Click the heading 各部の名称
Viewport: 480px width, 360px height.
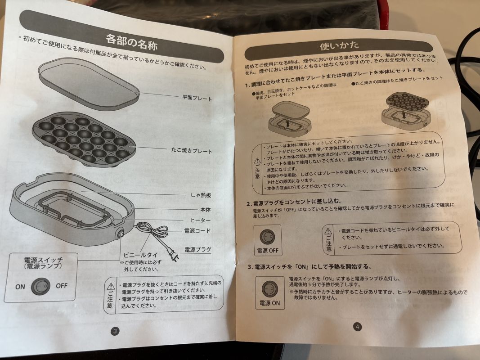coord(131,42)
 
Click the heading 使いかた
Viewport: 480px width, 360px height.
coord(339,46)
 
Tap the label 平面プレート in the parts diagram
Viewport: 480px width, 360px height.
coord(197,98)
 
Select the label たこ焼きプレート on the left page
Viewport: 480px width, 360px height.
coord(192,150)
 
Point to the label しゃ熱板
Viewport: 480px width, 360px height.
coord(201,195)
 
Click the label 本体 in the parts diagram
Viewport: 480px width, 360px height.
coord(206,210)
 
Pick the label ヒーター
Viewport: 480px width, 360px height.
coord(200,220)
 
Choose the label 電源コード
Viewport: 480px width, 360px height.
coord(197,230)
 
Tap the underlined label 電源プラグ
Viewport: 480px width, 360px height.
coord(198,249)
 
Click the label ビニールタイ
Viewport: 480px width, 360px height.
coord(140,255)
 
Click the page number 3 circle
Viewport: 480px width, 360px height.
coord(115,331)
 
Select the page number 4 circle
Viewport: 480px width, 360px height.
coord(357,327)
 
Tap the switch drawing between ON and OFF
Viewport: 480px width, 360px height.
coord(41,286)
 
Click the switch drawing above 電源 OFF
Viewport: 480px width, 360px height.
coord(268,237)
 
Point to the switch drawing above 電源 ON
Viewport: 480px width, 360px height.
coord(270,289)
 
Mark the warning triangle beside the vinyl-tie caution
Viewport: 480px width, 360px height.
coord(328,231)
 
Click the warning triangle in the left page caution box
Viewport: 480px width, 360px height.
coord(110,287)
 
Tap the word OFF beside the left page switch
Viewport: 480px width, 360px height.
coord(62,286)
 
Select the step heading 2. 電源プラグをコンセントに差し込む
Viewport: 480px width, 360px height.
coord(294,202)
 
